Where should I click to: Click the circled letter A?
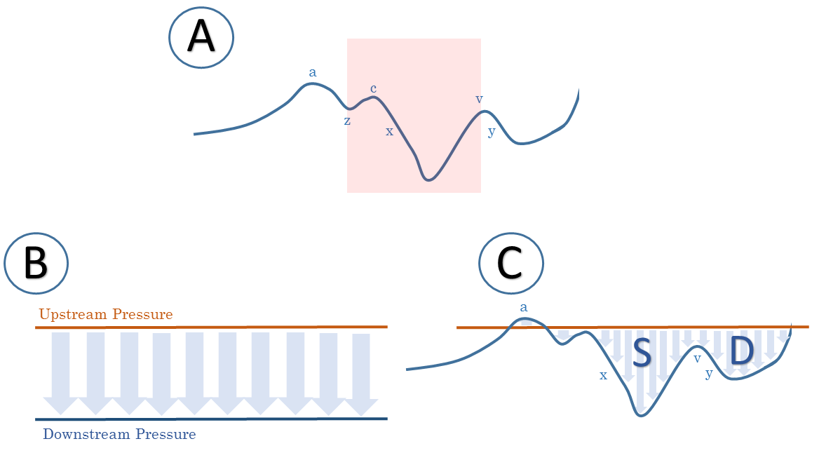pyautogui.click(x=201, y=38)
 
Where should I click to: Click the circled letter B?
pyautogui.click(x=36, y=265)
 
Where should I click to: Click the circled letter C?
pyautogui.click(x=510, y=264)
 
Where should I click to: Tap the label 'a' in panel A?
pyautogui.click(x=313, y=72)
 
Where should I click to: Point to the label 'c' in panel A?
pyautogui.click(x=373, y=88)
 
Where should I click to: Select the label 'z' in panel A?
pyautogui.click(x=347, y=121)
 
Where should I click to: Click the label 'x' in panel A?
pyautogui.click(x=390, y=131)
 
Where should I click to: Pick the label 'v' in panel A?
pyautogui.click(x=479, y=99)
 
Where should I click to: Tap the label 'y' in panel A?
pyautogui.click(x=491, y=132)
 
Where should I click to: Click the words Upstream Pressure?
pyautogui.click(x=106, y=314)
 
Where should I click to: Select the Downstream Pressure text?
pyautogui.click(x=119, y=434)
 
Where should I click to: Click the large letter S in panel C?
pyautogui.click(x=642, y=353)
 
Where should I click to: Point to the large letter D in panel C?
pyautogui.click(x=742, y=351)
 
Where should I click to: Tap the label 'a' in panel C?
pyautogui.click(x=523, y=307)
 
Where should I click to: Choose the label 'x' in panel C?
pyautogui.click(x=603, y=375)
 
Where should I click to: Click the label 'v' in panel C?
pyautogui.click(x=697, y=359)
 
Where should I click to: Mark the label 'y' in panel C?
pyautogui.click(x=709, y=374)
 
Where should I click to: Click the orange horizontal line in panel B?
pyautogui.click(x=210, y=327)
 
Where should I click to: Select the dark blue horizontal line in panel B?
pyautogui.click(x=210, y=419)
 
